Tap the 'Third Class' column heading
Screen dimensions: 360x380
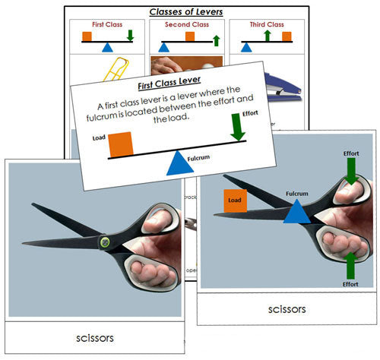[268, 24]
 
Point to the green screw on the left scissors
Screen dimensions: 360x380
[103, 242]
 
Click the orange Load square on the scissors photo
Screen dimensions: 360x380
[236, 201]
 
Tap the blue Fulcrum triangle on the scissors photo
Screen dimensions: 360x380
[296, 211]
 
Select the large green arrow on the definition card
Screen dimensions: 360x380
[238, 128]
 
